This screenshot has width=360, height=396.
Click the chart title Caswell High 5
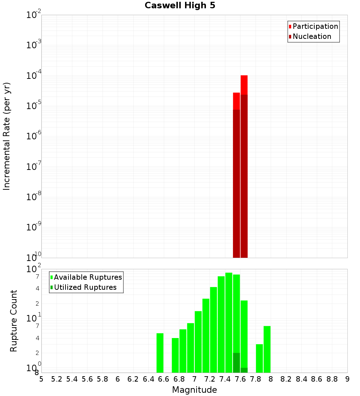click(x=180, y=6)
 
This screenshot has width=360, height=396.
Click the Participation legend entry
click(x=315, y=26)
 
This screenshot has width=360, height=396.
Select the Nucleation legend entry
click(x=311, y=36)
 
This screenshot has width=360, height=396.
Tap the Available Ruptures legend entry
click(x=87, y=277)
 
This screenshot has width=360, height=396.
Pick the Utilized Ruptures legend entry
click(x=85, y=287)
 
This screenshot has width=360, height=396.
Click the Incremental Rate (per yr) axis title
click(x=7, y=136)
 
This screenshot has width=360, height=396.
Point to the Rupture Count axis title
click(x=14, y=321)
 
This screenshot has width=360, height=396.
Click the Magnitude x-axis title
click(x=194, y=390)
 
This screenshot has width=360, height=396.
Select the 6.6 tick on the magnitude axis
click(x=164, y=379)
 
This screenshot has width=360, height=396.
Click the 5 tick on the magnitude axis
click(x=41, y=379)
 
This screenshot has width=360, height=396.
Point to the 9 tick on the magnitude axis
click(x=347, y=379)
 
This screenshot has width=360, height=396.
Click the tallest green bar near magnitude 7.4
click(x=229, y=322)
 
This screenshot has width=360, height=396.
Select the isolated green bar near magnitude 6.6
click(x=160, y=353)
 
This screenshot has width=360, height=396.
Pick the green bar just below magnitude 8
click(x=267, y=349)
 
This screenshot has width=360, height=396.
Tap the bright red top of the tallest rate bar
click(x=244, y=85)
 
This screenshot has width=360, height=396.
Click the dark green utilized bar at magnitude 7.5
click(x=236, y=363)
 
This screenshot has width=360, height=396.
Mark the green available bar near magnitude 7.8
click(x=259, y=358)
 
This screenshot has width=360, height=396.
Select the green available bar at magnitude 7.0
click(x=198, y=342)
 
